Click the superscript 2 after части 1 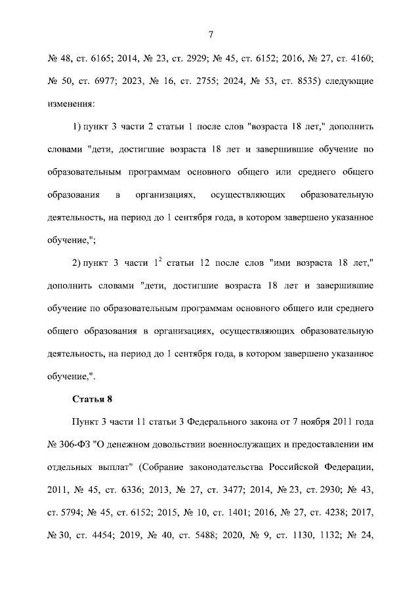(159, 260)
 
